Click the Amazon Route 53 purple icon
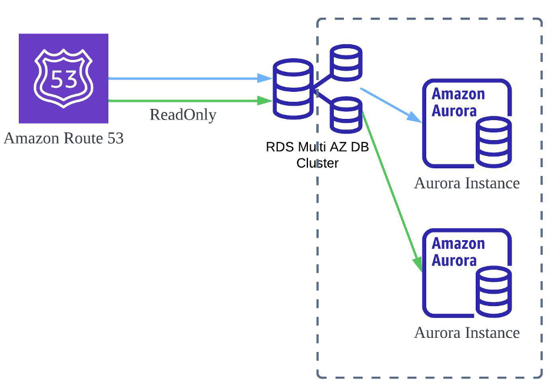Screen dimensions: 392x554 [64, 78]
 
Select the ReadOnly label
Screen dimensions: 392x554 [183, 114]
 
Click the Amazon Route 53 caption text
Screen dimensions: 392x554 [64, 139]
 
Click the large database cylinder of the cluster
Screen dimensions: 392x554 [292, 88]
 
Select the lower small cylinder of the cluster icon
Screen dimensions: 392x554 [346, 115]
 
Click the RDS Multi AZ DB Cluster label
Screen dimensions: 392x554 [317, 155]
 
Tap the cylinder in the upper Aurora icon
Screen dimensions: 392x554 [493, 141]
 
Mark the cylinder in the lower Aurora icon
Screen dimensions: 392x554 [493, 291]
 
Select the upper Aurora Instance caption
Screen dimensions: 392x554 [467, 183]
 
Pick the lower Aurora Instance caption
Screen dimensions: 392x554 [467, 333]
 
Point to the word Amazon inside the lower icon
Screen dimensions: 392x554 [458, 244]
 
